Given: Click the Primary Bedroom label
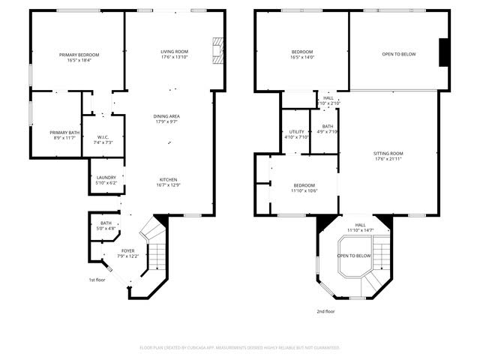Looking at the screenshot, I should (x=79, y=55).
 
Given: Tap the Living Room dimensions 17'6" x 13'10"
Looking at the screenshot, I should (x=173, y=60).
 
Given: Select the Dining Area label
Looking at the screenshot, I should (x=166, y=116).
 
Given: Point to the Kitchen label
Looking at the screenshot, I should (x=168, y=180).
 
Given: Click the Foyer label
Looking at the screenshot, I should (x=128, y=251).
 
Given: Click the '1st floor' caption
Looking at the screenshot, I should (x=98, y=280).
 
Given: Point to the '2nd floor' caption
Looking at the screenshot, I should (x=325, y=310).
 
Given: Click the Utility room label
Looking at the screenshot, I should (x=297, y=133).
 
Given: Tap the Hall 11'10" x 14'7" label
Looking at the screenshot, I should (x=361, y=226).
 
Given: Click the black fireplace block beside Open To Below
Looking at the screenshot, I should (x=444, y=52).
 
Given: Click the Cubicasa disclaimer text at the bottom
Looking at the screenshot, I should (x=240, y=348).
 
